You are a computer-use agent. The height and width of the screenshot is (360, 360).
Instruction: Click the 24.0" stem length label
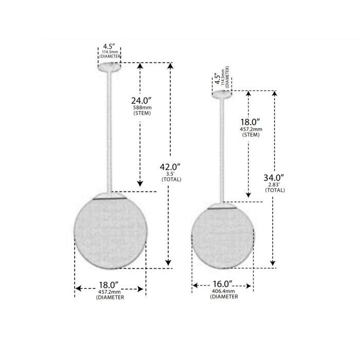pos(141,101)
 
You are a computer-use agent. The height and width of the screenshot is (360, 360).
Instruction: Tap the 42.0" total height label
pos(170,167)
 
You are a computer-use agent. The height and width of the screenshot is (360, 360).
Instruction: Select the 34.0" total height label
pos(274,177)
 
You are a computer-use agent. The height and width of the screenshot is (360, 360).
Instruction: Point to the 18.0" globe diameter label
pos(109,285)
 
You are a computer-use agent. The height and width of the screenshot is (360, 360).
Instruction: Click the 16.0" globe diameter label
pos(222,284)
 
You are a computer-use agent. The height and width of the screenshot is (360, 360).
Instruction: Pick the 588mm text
pos(142,107)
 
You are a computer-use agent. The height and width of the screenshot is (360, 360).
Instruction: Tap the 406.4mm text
pos(223,291)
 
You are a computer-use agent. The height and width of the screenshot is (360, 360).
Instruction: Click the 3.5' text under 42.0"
pos(171,174)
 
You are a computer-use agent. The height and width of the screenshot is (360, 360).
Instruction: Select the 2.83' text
pos(274,185)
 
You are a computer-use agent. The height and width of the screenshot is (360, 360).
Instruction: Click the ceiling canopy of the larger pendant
pos(109,67)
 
